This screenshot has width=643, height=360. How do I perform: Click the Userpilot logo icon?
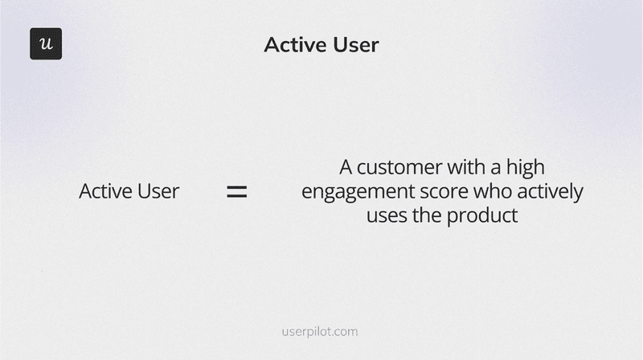(46, 43)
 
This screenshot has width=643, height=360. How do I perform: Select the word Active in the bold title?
(292, 45)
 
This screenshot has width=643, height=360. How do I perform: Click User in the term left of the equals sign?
(157, 191)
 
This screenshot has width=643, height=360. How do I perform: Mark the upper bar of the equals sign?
(235, 187)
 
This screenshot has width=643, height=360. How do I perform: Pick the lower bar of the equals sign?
(235, 196)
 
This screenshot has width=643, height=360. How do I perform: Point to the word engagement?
(353, 194)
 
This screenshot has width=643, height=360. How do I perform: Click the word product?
(485, 217)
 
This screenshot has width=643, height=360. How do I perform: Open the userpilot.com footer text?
(321, 331)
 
